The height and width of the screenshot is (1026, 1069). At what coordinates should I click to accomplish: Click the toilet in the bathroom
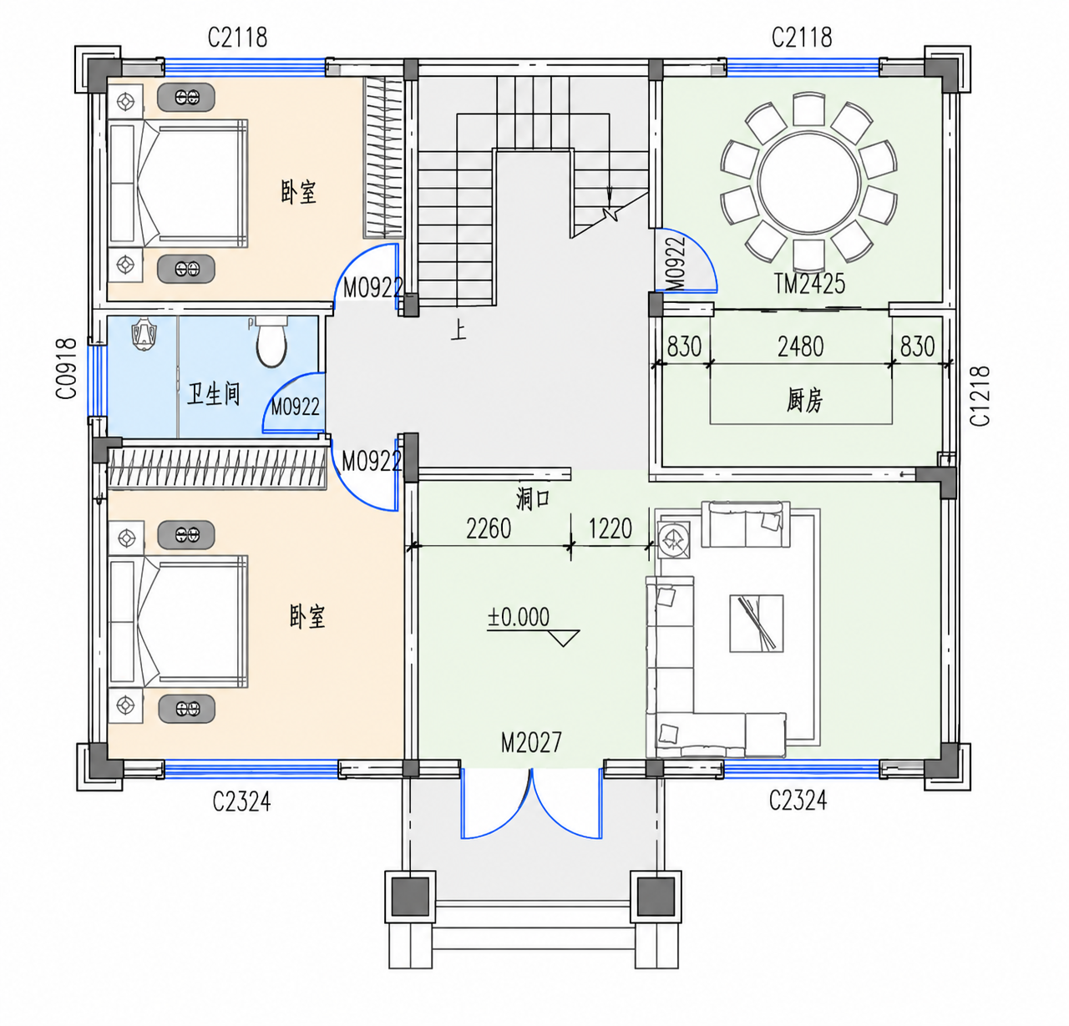tap(271, 341)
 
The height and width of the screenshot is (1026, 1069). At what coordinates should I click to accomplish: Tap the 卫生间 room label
tap(214, 394)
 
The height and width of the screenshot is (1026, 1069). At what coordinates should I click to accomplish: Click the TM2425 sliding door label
tap(810, 284)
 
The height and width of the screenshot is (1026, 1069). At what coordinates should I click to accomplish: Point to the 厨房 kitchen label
tap(805, 401)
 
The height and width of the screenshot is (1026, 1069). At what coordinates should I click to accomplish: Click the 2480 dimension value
tap(800, 346)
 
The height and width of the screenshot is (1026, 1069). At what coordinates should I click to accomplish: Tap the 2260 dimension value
tap(489, 528)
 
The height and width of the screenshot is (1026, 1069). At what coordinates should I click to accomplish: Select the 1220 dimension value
tap(610, 528)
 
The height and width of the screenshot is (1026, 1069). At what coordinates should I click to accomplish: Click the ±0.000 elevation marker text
tap(519, 617)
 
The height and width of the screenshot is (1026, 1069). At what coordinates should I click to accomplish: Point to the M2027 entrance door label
tap(531, 743)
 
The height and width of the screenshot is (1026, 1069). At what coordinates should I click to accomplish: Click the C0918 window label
tap(67, 368)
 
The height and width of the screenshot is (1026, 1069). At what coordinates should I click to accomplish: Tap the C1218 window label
tap(980, 396)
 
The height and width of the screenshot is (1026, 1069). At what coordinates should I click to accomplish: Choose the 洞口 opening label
tap(533, 498)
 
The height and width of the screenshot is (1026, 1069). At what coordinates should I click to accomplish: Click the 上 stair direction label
tap(459, 331)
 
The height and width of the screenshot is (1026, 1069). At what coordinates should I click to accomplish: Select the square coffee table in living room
tap(757, 623)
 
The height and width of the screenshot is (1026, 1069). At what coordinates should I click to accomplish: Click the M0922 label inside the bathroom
tap(295, 407)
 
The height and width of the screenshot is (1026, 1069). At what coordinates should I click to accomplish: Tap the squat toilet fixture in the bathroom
tap(144, 333)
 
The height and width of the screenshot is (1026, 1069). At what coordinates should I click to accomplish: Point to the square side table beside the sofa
tap(674, 540)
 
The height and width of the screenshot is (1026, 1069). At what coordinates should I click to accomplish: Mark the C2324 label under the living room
tap(797, 801)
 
